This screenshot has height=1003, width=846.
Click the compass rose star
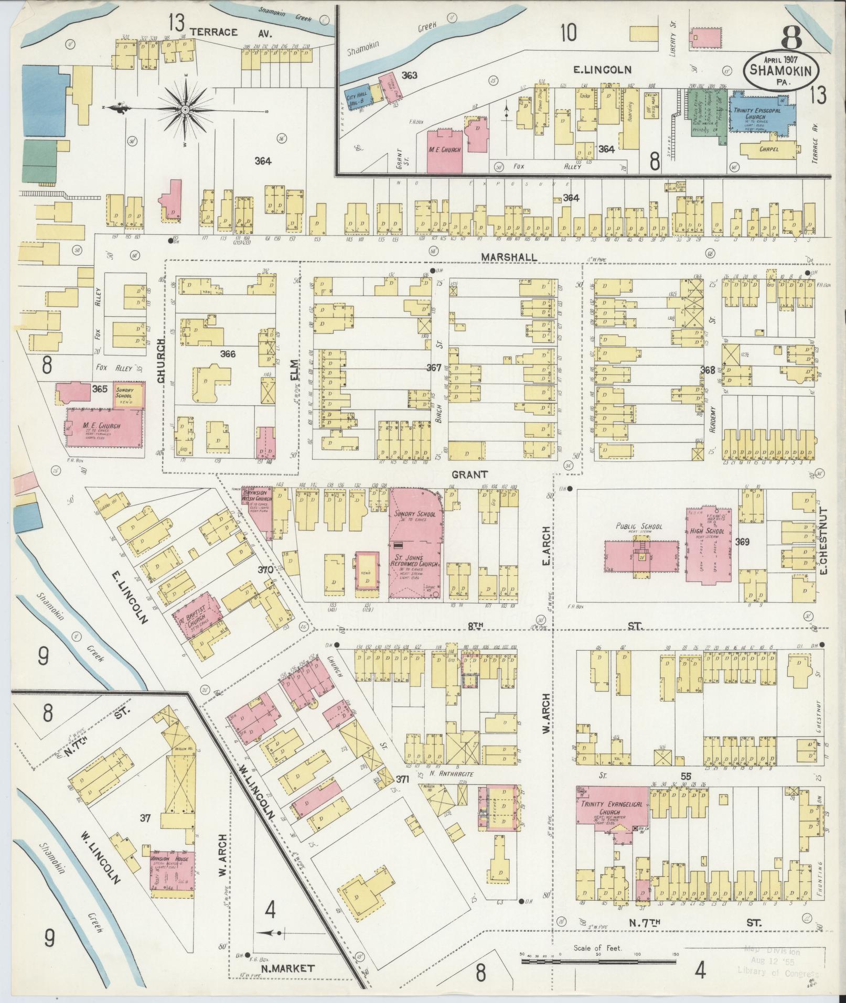[185, 110]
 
